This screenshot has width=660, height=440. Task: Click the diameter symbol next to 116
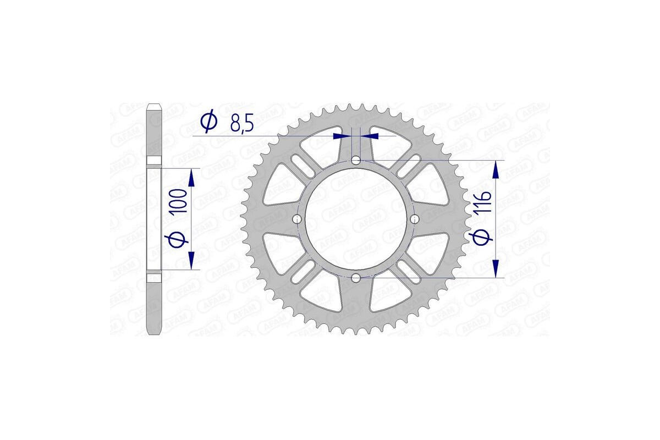click(481, 237)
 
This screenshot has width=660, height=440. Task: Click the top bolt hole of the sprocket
click(356, 161)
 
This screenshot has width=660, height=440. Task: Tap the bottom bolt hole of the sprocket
click(356, 278)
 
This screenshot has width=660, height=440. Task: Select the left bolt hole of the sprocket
click(298, 219)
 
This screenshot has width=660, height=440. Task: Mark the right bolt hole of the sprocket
click(415, 219)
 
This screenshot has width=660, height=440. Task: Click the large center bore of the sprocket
click(356, 219)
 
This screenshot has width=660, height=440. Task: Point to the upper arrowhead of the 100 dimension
click(191, 177)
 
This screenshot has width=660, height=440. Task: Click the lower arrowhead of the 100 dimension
click(191, 261)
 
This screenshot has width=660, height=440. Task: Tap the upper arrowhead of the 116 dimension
click(497, 169)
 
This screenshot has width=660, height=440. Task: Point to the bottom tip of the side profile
click(154, 331)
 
